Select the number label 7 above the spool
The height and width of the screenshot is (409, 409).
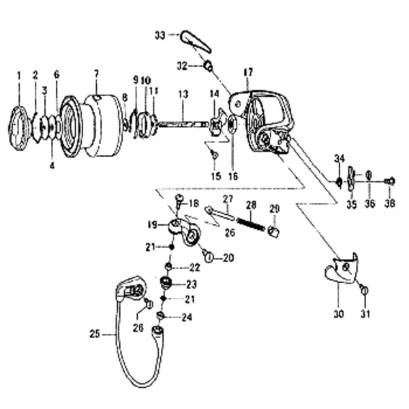click(96, 74)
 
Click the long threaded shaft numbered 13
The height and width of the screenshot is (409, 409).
click(182, 124)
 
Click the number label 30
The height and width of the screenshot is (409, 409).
click(339, 314)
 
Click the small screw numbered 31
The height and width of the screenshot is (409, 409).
click(364, 290)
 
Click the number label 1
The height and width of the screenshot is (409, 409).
click(19, 74)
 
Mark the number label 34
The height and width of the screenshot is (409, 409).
click(339, 159)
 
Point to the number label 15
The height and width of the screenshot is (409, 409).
click(215, 175)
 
